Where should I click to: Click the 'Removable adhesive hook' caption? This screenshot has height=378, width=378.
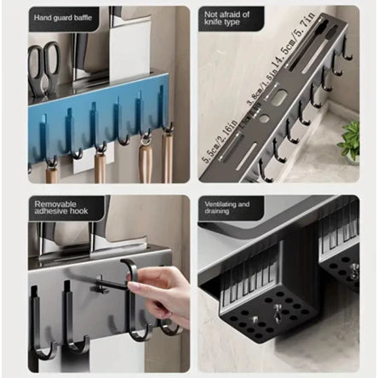pyautogui.click(x=61, y=209)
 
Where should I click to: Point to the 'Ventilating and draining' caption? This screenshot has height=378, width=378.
pyautogui.click(x=226, y=209)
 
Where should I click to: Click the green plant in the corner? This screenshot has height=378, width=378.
pyautogui.click(x=349, y=141)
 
